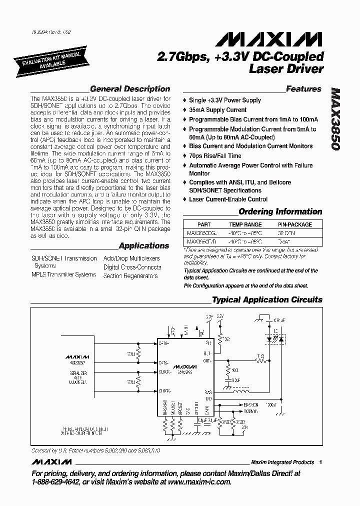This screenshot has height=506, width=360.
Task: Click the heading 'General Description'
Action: point(130,89)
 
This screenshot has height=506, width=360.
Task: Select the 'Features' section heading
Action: point(303,89)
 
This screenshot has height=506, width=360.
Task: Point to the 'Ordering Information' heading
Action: point(280,211)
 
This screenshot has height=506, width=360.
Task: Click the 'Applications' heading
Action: point(144,246)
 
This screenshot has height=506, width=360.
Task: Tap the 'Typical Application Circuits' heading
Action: point(267,300)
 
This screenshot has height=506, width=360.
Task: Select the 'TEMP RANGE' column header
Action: point(245,225)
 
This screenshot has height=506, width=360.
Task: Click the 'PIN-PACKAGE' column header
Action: point(294,225)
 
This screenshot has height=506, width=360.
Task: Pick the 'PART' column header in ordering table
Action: point(204,225)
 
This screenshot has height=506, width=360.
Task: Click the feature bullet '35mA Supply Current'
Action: point(217,110)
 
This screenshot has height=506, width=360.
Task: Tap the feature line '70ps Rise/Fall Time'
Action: point(216,155)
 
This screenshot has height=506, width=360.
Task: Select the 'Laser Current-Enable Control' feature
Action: point(228,199)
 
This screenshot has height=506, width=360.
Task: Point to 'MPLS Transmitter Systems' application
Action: point(63,274)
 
